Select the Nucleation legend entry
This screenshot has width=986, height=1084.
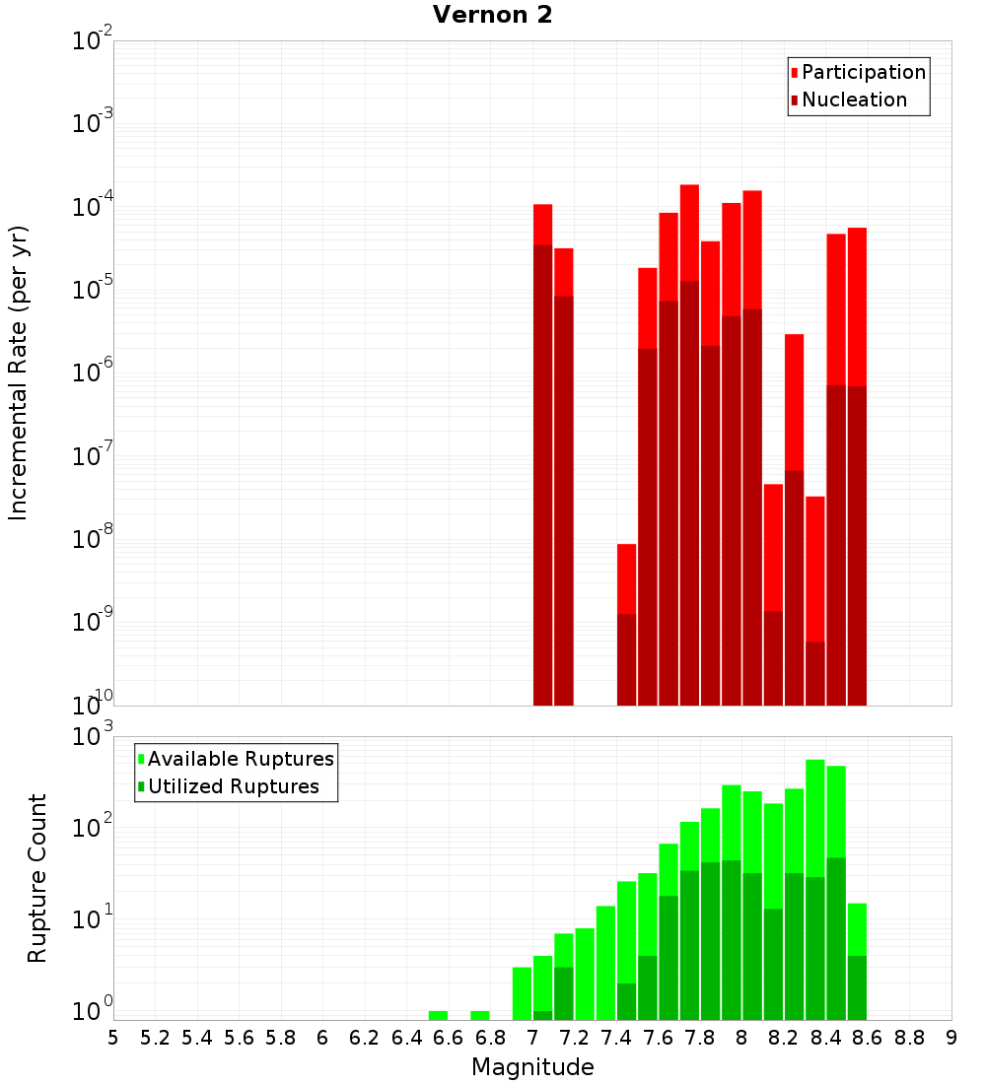click(x=854, y=100)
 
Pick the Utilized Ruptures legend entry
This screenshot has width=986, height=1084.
click(x=233, y=786)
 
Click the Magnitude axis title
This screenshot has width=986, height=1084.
click(x=532, y=1067)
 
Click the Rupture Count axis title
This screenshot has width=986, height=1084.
click(x=37, y=877)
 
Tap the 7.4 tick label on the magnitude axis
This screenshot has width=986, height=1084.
click(x=616, y=1038)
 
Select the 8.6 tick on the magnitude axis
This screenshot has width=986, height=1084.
click(x=868, y=1038)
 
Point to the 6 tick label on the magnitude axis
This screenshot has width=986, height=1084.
click(x=322, y=1038)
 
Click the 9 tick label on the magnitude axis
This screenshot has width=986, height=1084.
click(x=951, y=1038)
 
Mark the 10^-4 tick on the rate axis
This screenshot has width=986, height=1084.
click(x=92, y=208)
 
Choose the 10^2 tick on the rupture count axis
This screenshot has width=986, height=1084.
click(x=92, y=826)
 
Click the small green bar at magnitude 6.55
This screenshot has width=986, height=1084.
click(x=438, y=1015)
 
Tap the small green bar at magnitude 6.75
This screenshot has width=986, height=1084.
click(x=480, y=1015)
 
